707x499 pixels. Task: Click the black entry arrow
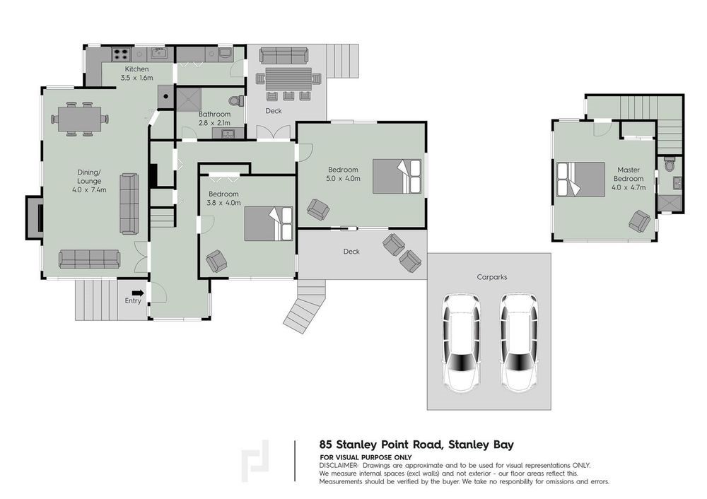[x=138, y=293]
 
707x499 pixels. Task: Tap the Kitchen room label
[x=136, y=69]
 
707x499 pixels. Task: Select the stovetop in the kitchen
[x=121, y=54]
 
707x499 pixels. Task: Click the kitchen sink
[x=159, y=53]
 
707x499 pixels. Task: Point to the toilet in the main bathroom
[x=235, y=100]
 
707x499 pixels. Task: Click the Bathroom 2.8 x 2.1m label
[x=214, y=119]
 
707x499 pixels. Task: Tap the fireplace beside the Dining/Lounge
[x=35, y=218]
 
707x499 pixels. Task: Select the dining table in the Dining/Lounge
[x=79, y=119]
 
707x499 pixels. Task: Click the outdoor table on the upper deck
[x=288, y=79]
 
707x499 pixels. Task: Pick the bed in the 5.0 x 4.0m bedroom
[x=397, y=176]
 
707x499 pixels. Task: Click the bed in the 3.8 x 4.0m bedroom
[x=269, y=223]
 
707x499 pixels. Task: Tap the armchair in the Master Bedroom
[x=640, y=221]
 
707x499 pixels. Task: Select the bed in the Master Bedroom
[x=580, y=180]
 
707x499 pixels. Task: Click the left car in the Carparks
[x=460, y=343]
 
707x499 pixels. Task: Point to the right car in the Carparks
[x=518, y=343]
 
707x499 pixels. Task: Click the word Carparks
[x=492, y=277]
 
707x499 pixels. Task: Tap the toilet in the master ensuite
[x=669, y=164]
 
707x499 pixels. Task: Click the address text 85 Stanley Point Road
[x=380, y=445]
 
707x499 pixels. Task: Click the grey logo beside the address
[x=255, y=461]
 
